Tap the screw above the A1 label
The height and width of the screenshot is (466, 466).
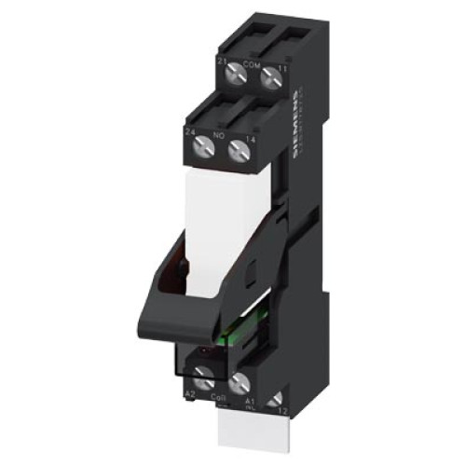(238, 381)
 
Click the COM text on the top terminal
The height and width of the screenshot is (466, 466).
(250, 63)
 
